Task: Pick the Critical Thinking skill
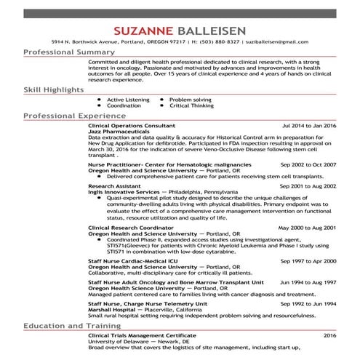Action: coord(191,105)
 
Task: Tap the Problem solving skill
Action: coord(190,99)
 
